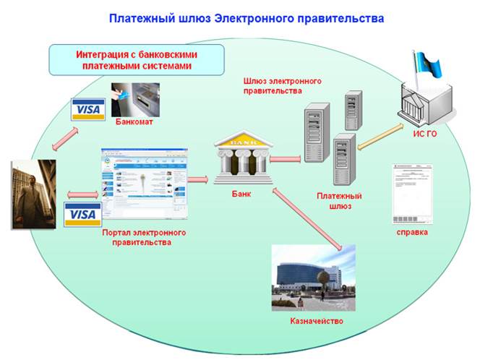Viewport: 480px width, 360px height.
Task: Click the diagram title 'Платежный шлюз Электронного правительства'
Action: pos(246,17)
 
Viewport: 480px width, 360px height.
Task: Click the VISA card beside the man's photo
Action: pos(82,214)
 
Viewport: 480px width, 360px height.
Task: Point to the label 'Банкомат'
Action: pos(134,121)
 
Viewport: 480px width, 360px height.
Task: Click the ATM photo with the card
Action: pos(135,99)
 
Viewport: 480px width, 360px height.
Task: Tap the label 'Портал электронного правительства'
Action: pos(144,238)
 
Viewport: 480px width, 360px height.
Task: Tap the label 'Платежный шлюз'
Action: pos(339,201)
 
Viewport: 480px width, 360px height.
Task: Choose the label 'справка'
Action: pos(412,232)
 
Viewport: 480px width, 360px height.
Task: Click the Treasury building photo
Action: pos(314,277)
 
